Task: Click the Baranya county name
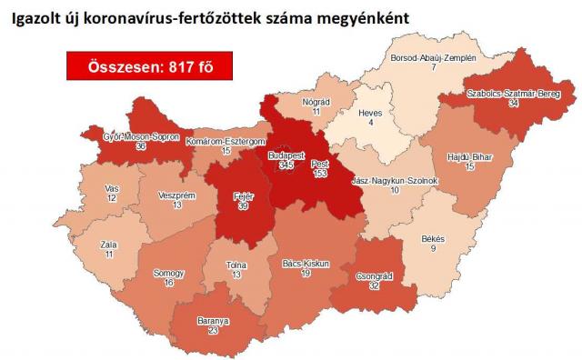[213, 321]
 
